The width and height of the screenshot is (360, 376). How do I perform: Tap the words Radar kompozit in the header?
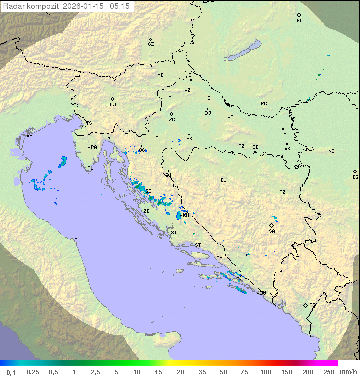(x=31, y=6)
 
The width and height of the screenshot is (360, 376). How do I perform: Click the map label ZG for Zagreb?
(x=172, y=120)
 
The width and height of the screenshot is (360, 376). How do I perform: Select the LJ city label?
(x=113, y=105)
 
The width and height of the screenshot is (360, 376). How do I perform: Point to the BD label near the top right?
(x=299, y=21)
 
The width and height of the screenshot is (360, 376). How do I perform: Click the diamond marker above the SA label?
(x=272, y=225)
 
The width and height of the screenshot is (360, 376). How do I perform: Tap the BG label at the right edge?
(x=355, y=177)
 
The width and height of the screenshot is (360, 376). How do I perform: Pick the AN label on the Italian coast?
(x=77, y=240)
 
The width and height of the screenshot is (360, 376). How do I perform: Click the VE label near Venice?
(x=29, y=136)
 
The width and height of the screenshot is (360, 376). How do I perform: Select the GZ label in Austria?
(x=151, y=44)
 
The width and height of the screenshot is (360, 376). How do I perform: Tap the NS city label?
(x=331, y=151)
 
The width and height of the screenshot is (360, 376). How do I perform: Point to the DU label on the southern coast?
(x=263, y=293)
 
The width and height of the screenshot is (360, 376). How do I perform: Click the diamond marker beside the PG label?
(x=305, y=305)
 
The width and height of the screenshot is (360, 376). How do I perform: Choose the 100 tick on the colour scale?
(x=265, y=372)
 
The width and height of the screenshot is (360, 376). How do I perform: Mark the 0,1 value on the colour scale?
(x=11, y=372)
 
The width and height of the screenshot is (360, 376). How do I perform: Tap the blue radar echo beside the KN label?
(x=179, y=215)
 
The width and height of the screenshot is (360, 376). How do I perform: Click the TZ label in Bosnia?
(x=283, y=192)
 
